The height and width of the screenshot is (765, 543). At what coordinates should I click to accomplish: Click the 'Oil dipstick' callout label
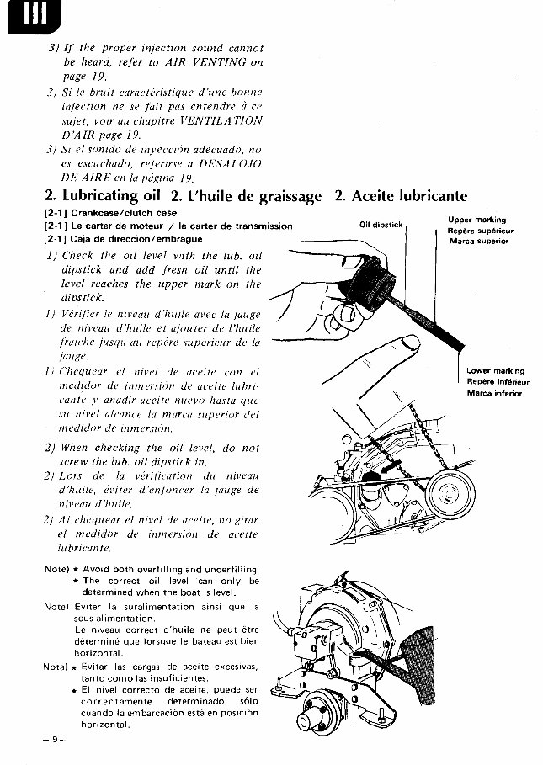coord(382,225)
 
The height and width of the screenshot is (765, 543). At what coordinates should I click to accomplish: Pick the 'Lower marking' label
coord(495,370)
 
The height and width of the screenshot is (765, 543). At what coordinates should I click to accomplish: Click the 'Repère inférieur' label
coord(497,381)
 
